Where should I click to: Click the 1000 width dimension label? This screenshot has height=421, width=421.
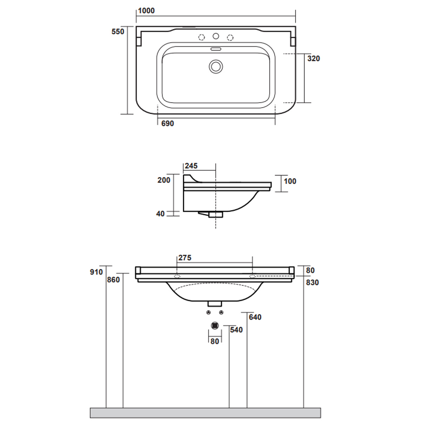click(x=146, y=11)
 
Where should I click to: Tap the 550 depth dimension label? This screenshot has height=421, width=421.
click(x=118, y=32)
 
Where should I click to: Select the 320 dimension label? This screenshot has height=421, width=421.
click(x=314, y=58)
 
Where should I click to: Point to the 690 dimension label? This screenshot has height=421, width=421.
click(x=168, y=123)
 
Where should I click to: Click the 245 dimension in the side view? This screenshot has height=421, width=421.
click(x=191, y=166)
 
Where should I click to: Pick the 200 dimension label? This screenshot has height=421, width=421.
click(x=164, y=180)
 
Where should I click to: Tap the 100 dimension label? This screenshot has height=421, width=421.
click(x=290, y=181)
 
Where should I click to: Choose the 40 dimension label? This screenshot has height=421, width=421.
click(x=160, y=214)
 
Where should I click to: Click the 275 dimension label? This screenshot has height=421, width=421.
click(x=185, y=258)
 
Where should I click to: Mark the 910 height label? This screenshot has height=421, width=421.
click(x=96, y=272)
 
